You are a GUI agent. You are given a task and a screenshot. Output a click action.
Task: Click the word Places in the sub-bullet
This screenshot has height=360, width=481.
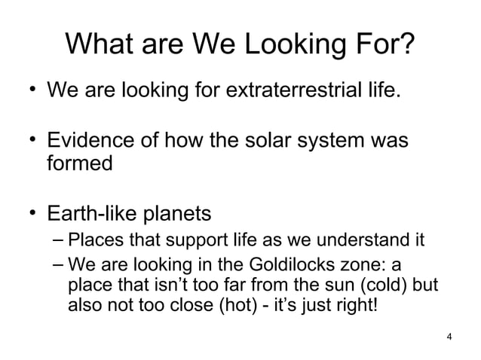click(x=89, y=242)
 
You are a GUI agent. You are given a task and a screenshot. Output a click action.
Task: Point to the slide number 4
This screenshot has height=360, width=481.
click(x=449, y=336)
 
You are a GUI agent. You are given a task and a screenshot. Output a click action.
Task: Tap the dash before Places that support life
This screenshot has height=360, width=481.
click(x=59, y=241)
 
